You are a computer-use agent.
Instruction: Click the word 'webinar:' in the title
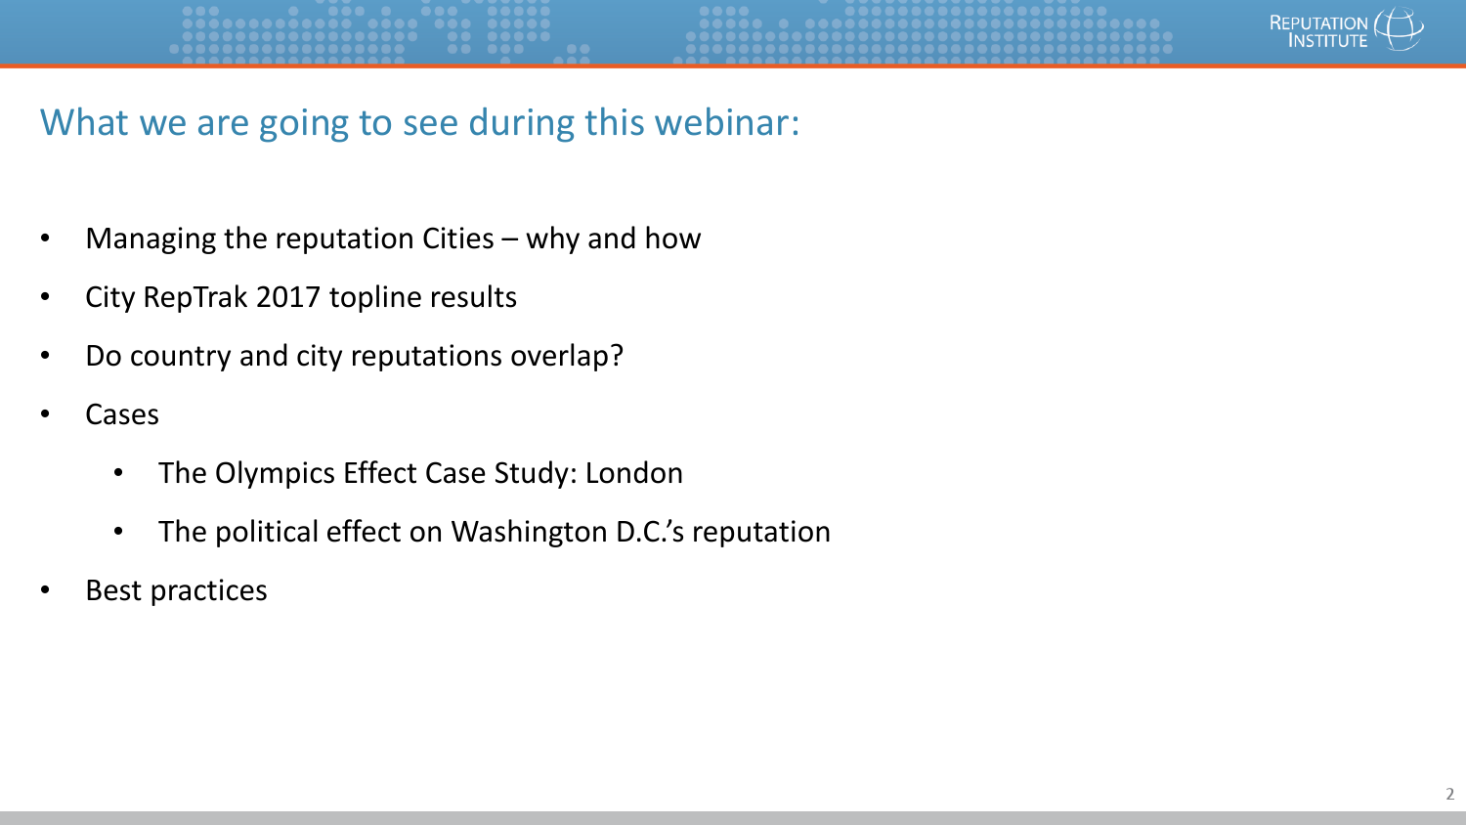(x=727, y=122)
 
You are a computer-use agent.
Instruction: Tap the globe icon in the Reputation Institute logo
(x=1399, y=28)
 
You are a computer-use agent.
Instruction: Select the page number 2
(x=1449, y=795)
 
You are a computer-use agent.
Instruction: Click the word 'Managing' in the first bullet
(x=151, y=239)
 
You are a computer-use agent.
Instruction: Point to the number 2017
(x=288, y=297)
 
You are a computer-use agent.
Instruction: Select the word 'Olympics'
(x=275, y=474)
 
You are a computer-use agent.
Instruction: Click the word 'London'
(x=633, y=473)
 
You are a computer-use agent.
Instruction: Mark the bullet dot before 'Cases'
(x=45, y=413)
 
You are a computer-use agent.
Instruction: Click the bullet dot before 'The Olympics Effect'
(x=118, y=473)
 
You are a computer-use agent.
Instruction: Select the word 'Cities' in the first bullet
(x=458, y=239)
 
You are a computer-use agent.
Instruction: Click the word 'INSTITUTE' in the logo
(x=1328, y=41)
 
